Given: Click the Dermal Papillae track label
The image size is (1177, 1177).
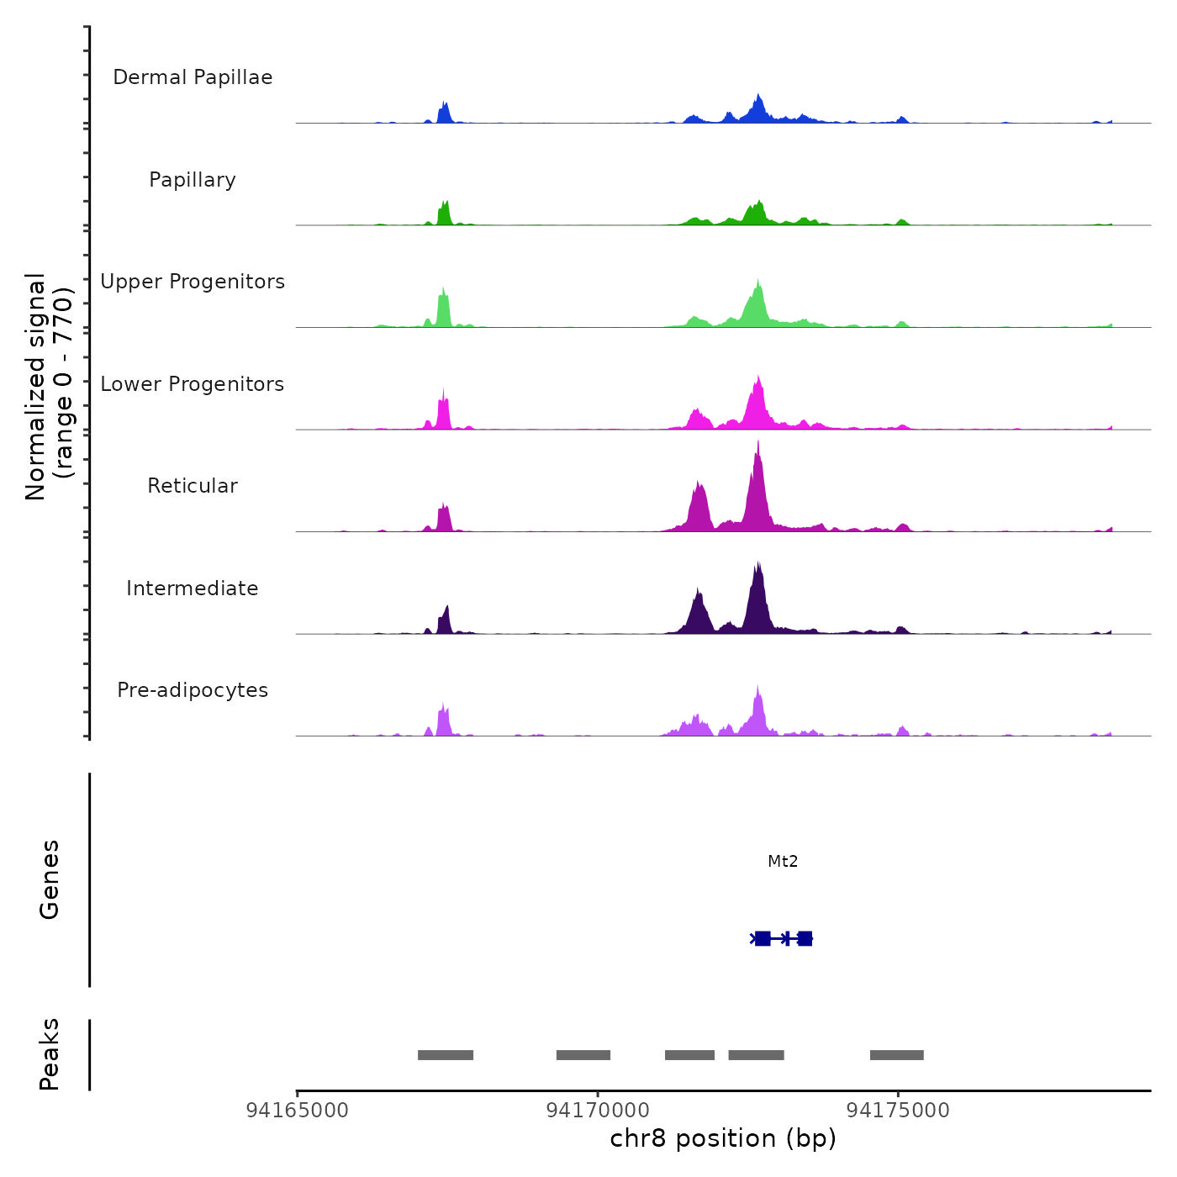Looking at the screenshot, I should (x=193, y=77).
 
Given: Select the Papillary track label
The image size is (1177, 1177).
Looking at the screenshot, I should (x=193, y=180).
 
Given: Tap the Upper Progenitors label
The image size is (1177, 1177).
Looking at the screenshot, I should (x=193, y=282).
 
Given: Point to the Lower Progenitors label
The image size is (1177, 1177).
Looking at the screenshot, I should (x=193, y=384).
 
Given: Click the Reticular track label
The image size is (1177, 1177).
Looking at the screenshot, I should (x=193, y=486).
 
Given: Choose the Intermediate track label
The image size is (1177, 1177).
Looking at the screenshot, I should (x=193, y=588).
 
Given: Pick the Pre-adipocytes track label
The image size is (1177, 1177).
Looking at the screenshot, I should (x=193, y=690).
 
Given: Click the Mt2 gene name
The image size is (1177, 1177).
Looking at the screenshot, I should (x=783, y=862).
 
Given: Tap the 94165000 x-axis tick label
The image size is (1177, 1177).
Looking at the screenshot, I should (x=297, y=1111).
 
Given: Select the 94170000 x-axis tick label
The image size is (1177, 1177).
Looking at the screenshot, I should (x=598, y=1111).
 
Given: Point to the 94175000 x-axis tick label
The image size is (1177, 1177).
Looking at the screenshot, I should (x=898, y=1111).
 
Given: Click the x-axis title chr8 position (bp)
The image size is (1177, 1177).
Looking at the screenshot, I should (x=723, y=1139).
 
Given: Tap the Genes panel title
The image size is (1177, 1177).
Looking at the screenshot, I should (x=50, y=879).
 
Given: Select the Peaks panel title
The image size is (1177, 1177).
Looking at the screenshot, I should (x=50, y=1054).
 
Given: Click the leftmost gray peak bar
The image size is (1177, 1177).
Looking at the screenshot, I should (x=446, y=1055).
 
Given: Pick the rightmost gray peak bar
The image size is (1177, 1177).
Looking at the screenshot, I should (x=896, y=1055).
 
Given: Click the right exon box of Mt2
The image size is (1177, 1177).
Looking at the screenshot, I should (x=805, y=939).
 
